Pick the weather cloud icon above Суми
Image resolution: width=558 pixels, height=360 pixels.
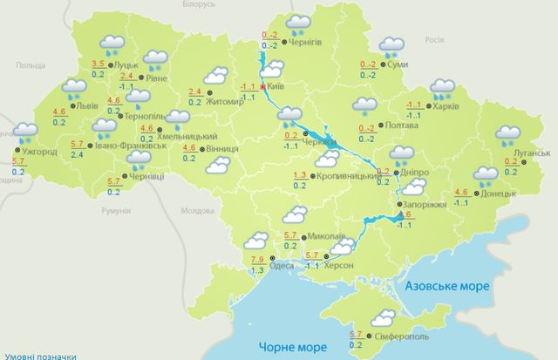391,44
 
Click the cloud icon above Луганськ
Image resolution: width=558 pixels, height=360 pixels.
508,135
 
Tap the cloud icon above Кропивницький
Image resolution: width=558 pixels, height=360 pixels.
328,159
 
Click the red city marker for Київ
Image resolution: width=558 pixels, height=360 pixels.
262,87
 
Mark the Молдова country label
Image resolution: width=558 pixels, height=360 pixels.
196,212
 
